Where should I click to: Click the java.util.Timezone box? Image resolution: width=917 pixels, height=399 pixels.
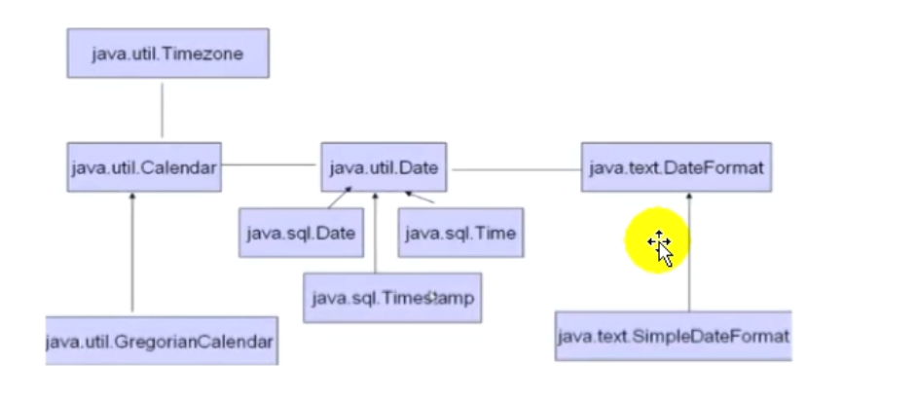[x=167, y=53]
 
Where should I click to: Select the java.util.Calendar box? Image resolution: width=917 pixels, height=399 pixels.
[x=144, y=167]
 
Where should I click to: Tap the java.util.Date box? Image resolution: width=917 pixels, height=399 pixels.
[x=385, y=167]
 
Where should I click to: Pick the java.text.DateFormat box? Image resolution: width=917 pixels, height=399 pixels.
[x=677, y=167]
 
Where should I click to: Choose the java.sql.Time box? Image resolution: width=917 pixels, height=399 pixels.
[x=459, y=233]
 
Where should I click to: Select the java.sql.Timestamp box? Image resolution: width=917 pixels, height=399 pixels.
[x=392, y=298]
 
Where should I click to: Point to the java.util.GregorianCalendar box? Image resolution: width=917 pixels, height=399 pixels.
[x=162, y=342]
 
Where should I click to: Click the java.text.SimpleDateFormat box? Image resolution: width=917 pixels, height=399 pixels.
[x=673, y=337]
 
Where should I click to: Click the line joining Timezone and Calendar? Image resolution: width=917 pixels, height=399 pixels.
[x=162, y=110]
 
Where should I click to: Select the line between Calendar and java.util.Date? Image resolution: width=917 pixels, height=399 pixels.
[x=270, y=164]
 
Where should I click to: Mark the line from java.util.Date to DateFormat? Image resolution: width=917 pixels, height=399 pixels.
[x=516, y=170]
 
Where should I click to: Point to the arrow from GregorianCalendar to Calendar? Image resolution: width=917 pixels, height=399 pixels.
[x=132, y=253]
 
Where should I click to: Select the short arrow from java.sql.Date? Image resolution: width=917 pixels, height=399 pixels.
[x=339, y=199]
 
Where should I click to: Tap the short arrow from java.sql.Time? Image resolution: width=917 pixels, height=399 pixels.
[x=419, y=199]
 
